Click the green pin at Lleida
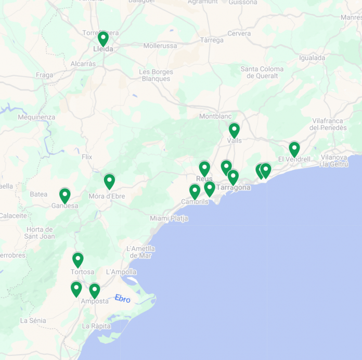(x=103, y=38)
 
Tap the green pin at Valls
(x=234, y=130)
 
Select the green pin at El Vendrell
(x=294, y=149)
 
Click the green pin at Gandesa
(x=64, y=195)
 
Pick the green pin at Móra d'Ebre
(x=109, y=181)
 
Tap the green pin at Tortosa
(x=78, y=259)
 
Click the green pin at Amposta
(x=94, y=290)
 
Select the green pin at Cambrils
(x=195, y=191)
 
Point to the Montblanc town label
(x=215, y=116)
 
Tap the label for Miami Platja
(x=169, y=218)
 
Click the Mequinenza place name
(x=36, y=117)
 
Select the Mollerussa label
(x=160, y=46)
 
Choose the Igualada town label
(x=313, y=58)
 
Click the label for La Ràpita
(x=96, y=326)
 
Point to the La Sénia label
(x=33, y=320)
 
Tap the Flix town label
(x=87, y=157)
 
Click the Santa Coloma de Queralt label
(x=262, y=72)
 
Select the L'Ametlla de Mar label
(x=140, y=252)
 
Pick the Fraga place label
(x=45, y=75)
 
